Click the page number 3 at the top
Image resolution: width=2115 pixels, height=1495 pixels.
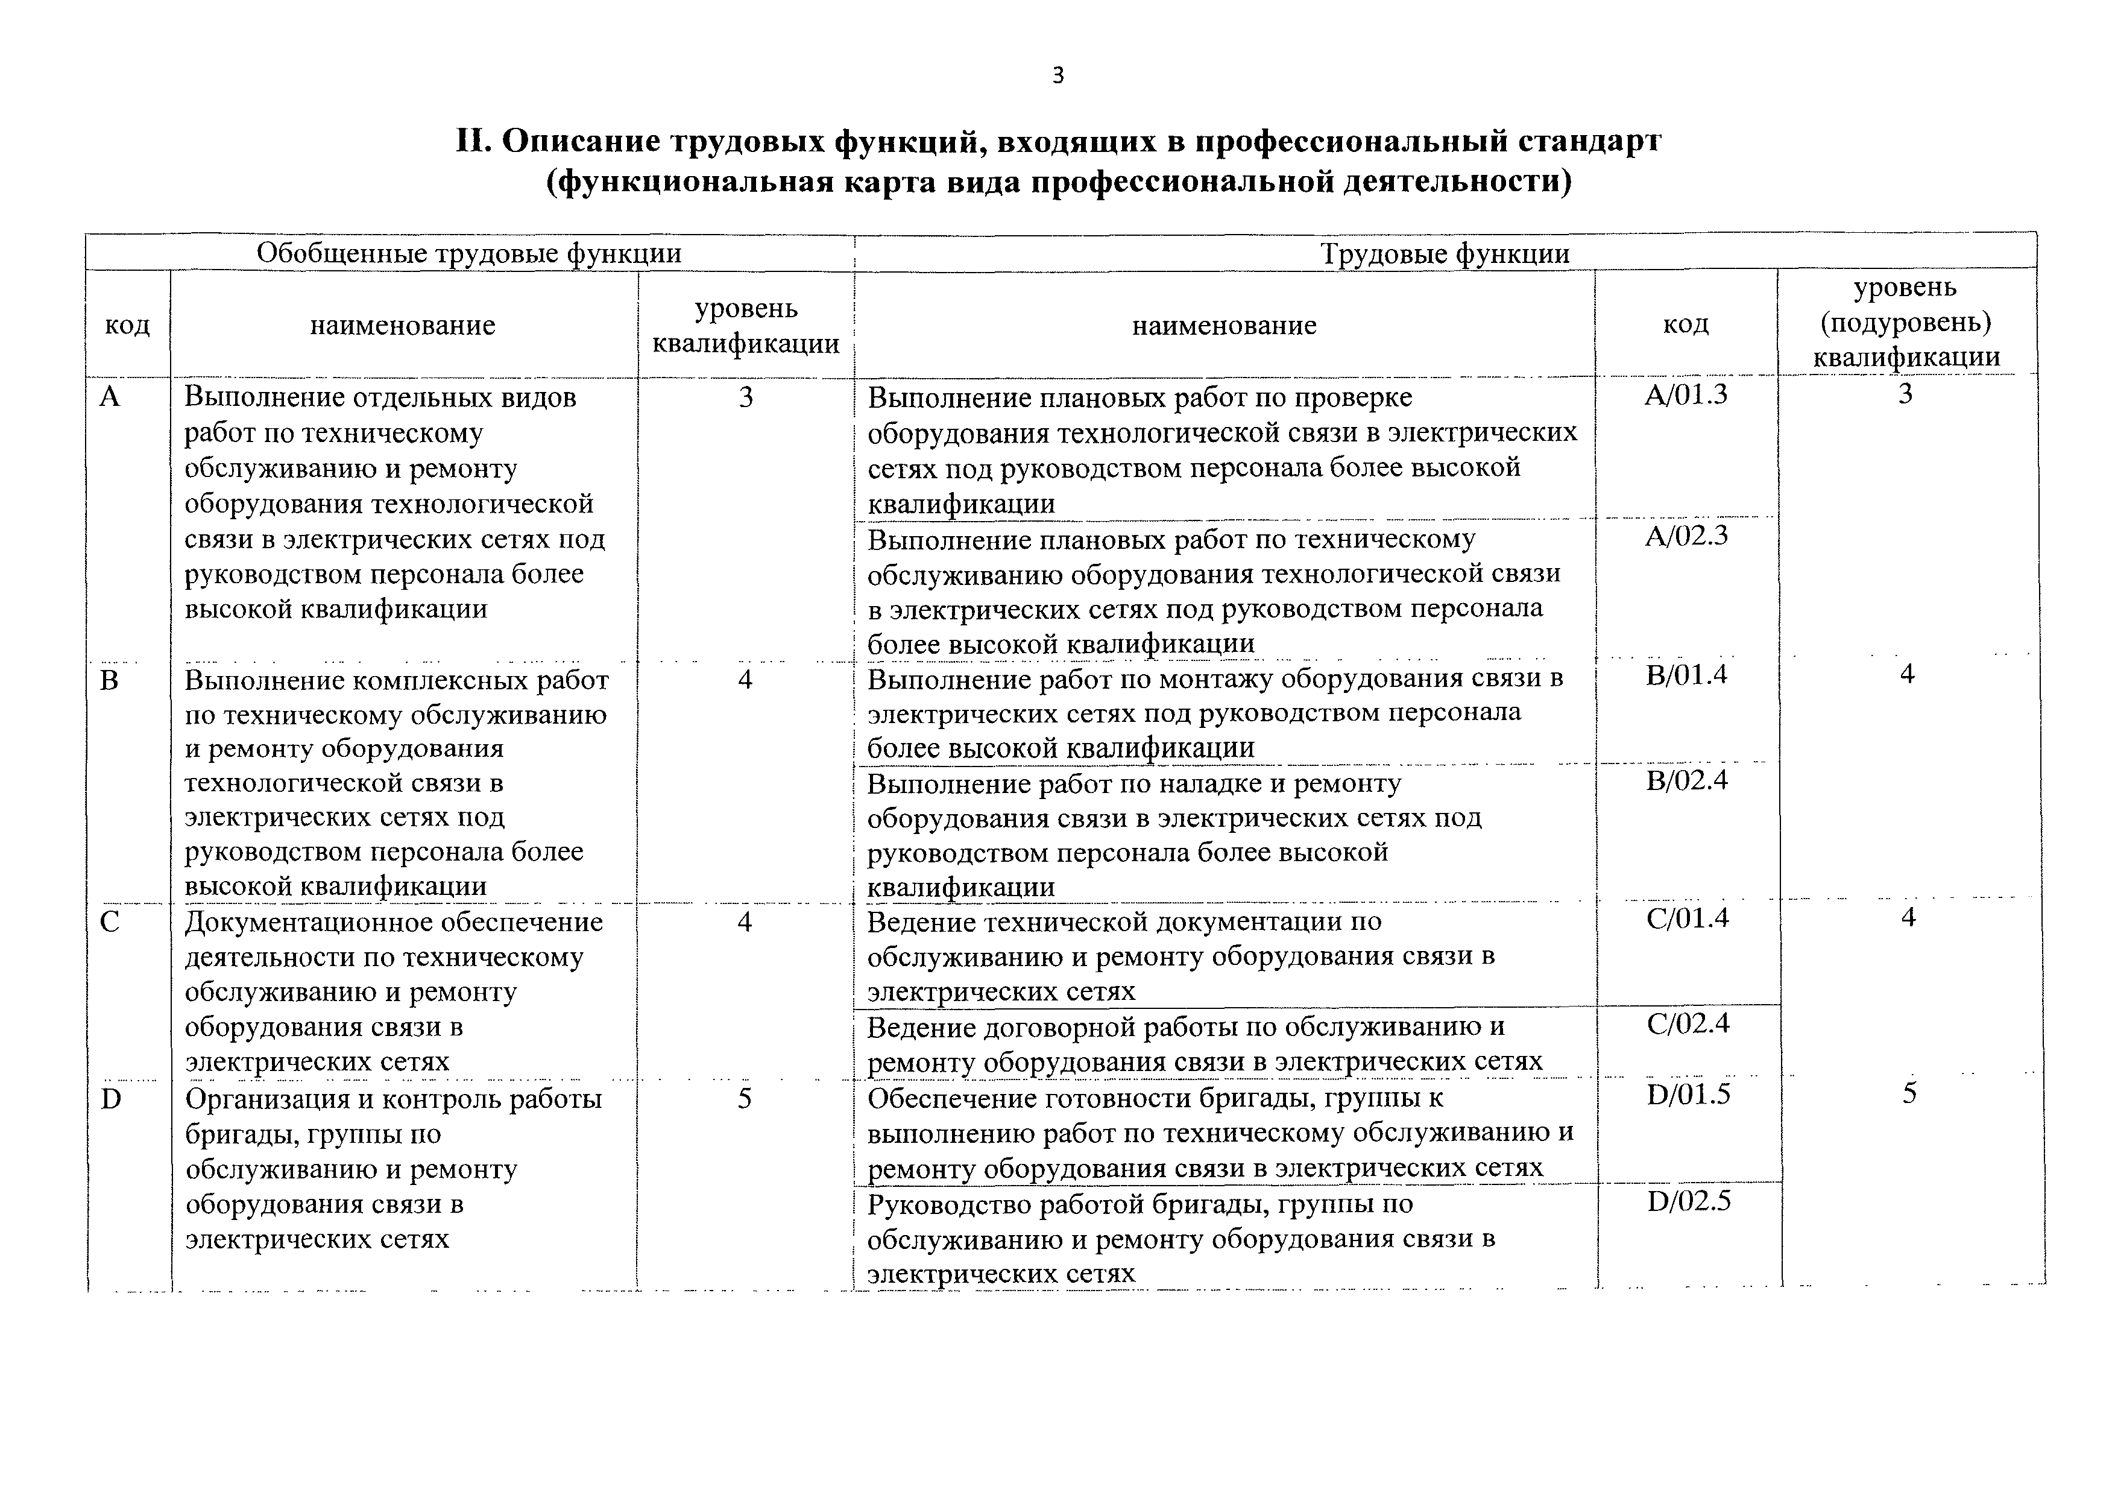[x=1057, y=75]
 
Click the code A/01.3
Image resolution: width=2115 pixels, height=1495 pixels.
[x=1686, y=395]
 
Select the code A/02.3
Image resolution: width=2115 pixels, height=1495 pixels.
[x=1686, y=536]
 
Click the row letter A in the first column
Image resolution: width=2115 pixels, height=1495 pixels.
[x=110, y=397]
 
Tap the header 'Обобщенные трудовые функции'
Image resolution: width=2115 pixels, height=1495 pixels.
[x=469, y=253]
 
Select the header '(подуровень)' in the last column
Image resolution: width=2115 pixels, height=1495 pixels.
[x=1906, y=323]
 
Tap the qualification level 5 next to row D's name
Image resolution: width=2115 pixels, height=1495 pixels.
[x=745, y=1099]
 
